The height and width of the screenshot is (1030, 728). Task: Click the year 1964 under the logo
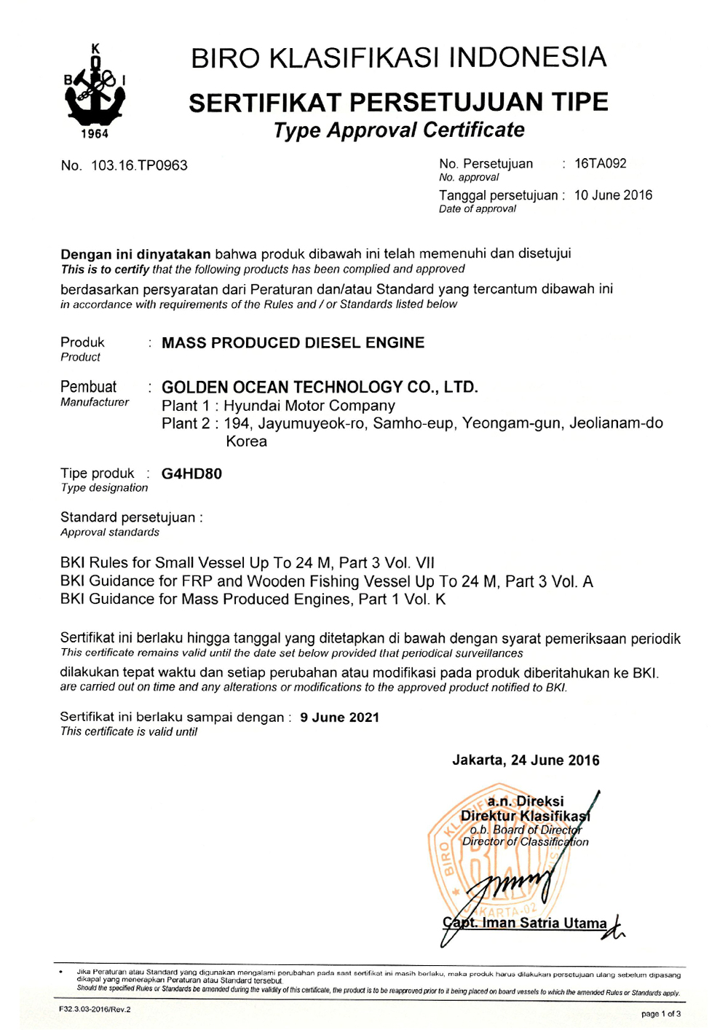coord(95,134)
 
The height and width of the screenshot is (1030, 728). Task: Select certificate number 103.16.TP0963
coord(139,165)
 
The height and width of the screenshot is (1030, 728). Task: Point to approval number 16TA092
coord(600,164)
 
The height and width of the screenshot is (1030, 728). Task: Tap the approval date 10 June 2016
coord(613,195)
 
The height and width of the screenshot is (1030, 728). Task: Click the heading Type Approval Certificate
coord(398,130)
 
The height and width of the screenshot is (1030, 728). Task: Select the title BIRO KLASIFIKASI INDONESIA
coord(398,58)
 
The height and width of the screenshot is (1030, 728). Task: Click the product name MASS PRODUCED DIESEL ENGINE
coord(293,343)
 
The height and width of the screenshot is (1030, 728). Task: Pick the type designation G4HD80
coord(191,473)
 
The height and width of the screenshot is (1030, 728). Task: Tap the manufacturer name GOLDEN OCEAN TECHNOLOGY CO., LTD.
coord(320,387)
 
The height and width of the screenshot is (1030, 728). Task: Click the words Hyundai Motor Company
coord(309,406)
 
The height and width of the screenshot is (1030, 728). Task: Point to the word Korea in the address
coord(246,441)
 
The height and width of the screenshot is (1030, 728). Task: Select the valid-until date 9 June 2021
coord(339,718)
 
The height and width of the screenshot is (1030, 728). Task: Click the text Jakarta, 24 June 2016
coord(526,760)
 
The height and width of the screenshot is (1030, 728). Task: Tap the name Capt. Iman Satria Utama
coord(525,923)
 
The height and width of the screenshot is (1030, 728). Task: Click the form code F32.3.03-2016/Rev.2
coord(95,1010)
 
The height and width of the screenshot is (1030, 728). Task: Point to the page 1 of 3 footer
coord(660,1014)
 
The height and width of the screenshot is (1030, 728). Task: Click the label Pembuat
coord(88,387)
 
